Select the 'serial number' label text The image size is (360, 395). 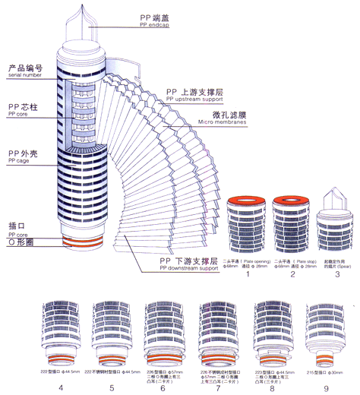coord(25,74)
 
